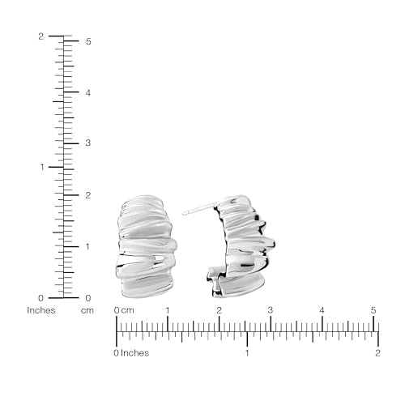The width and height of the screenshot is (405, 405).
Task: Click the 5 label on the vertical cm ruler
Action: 88,41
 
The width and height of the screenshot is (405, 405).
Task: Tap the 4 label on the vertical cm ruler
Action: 88,93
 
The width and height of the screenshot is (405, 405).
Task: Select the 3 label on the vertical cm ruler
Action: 88,143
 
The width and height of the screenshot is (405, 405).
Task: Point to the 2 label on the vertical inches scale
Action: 40,36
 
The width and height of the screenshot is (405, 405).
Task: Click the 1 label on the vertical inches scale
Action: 42,167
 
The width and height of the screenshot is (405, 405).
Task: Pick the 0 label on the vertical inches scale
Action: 40,298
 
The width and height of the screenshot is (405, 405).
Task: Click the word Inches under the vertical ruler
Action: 41,310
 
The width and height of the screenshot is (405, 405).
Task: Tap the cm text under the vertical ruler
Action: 87,310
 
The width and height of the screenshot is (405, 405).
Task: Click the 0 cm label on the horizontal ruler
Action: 124,310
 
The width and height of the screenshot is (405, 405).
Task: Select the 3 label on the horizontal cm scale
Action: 271,310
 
